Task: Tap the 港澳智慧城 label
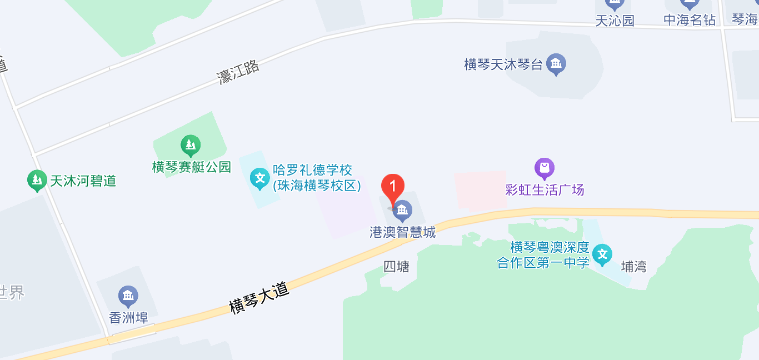coord(403,232)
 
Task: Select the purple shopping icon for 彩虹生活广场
coord(545,168)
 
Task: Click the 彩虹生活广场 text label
coord(545,190)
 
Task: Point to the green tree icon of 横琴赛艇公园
coord(191,146)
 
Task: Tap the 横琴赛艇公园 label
coord(192,167)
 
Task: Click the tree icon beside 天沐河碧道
coord(37,180)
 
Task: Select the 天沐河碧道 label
coord(83,181)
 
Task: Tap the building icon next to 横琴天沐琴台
coord(556,64)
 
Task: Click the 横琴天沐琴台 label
coord(503,64)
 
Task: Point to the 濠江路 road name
coord(238,72)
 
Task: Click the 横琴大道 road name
coord(259,298)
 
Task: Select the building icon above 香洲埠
coord(128,296)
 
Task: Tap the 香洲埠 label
coord(128,318)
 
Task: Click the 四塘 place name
coord(396,267)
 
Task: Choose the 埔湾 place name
coord(633,267)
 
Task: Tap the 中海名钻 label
coord(690,21)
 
